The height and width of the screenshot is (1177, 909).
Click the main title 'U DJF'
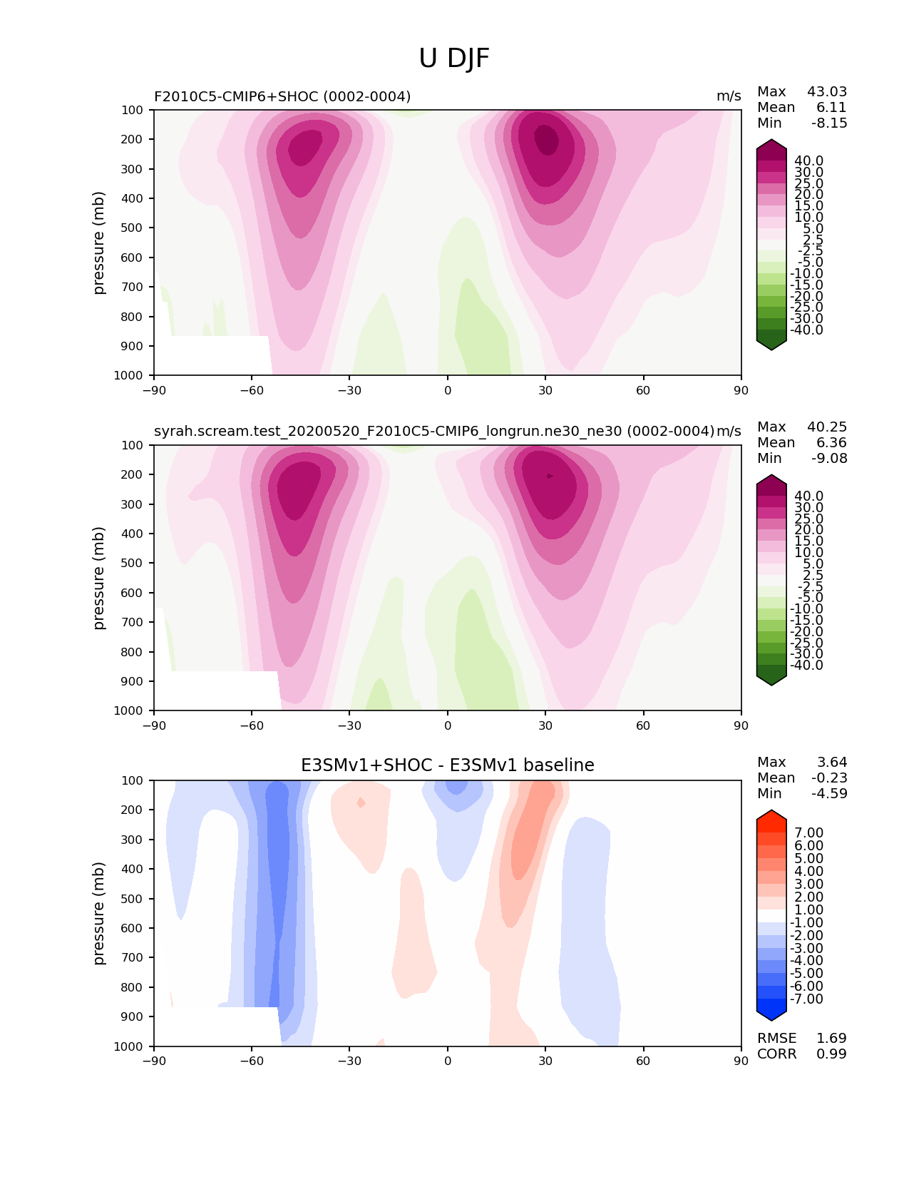click(x=454, y=58)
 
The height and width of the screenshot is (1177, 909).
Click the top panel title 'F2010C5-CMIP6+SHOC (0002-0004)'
click(x=282, y=96)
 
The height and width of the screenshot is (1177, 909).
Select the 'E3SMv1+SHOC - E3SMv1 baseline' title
click(x=447, y=765)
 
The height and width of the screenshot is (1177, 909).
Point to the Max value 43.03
click(x=827, y=91)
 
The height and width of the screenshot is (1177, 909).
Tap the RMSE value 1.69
click(x=831, y=1038)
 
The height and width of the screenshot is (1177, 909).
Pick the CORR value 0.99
click(x=831, y=1054)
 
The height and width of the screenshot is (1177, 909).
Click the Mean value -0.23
click(x=829, y=778)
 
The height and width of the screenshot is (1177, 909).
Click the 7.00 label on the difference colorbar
click(x=808, y=832)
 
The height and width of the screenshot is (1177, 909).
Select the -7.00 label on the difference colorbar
click(x=806, y=999)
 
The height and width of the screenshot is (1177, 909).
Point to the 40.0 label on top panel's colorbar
click(x=808, y=160)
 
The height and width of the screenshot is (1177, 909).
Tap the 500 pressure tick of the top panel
click(x=133, y=228)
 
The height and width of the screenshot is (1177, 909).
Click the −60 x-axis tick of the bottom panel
click(x=252, y=1061)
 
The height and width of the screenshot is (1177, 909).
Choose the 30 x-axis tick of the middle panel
click(x=545, y=725)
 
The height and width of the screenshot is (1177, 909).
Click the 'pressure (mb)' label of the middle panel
click(x=99, y=578)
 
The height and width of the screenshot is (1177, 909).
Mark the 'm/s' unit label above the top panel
click(x=729, y=96)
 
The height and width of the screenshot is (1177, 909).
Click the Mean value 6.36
click(x=831, y=442)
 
